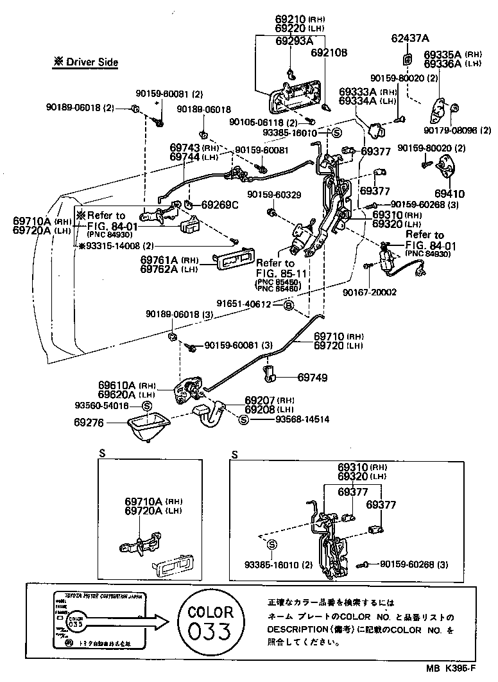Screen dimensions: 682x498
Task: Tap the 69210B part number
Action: (329, 53)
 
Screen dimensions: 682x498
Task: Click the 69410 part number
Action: (450, 193)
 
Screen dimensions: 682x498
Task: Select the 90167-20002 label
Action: (388, 292)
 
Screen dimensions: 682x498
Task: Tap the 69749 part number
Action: (312, 377)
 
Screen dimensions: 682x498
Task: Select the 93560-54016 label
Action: (102, 407)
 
